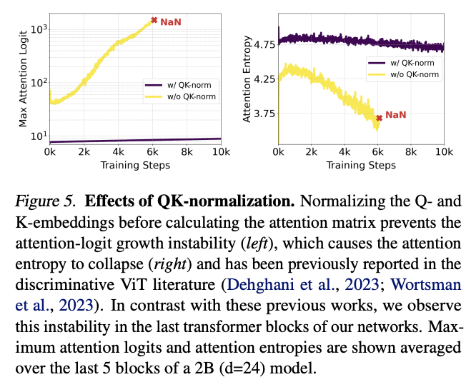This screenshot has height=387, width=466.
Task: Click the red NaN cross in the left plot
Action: coord(153,21)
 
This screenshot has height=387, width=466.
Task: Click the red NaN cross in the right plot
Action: coord(379,118)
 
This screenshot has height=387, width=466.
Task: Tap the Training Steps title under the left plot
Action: coord(134,166)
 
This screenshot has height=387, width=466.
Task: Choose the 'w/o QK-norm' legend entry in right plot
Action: coord(411,73)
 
